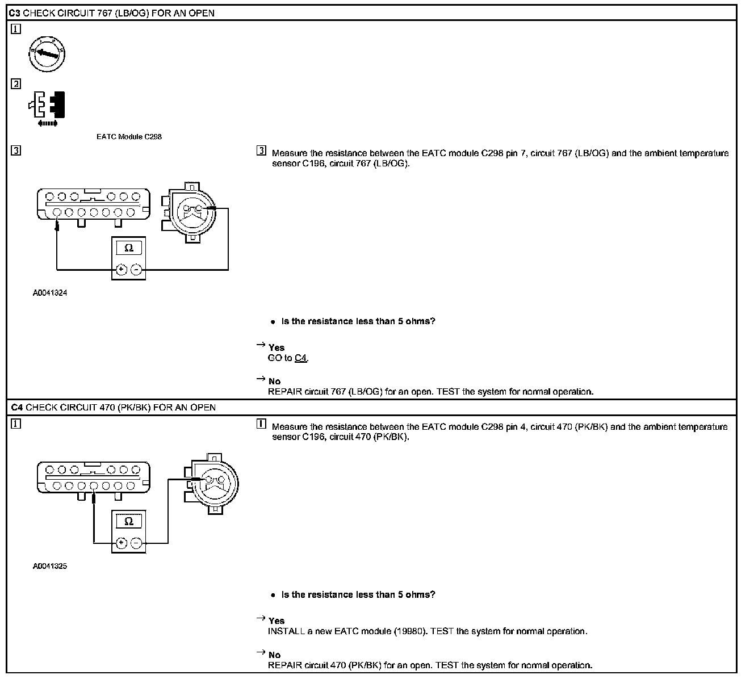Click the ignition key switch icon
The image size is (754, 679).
(47, 55)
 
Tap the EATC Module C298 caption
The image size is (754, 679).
(129, 137)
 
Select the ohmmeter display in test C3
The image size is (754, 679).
(128, 248)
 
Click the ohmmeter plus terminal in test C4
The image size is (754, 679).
(121, 543)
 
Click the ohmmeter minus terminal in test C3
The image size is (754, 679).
(136, 270)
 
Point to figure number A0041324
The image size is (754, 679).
(50, 294)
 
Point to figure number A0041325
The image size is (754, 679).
(50, 566)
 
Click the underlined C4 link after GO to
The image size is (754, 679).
(301, 358)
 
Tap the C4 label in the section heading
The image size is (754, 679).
(16, 408)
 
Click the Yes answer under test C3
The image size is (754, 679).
(277, 347)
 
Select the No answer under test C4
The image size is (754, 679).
(275, 655)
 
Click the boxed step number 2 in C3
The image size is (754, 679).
(16, 84)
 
